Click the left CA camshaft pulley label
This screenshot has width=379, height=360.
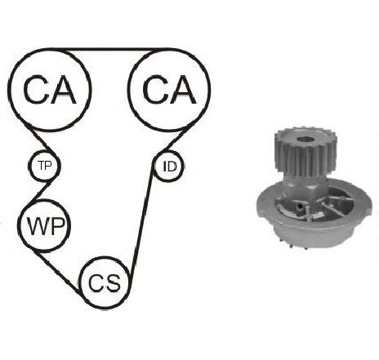49,90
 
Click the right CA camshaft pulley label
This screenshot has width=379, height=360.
169,90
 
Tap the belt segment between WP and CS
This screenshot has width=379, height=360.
58,272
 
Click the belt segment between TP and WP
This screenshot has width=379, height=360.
41,192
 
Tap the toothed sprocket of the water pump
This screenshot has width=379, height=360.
305,153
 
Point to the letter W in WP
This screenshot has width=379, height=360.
37,226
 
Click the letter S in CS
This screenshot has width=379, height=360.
113,282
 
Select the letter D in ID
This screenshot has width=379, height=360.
172,167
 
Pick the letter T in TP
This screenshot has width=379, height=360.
41,165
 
